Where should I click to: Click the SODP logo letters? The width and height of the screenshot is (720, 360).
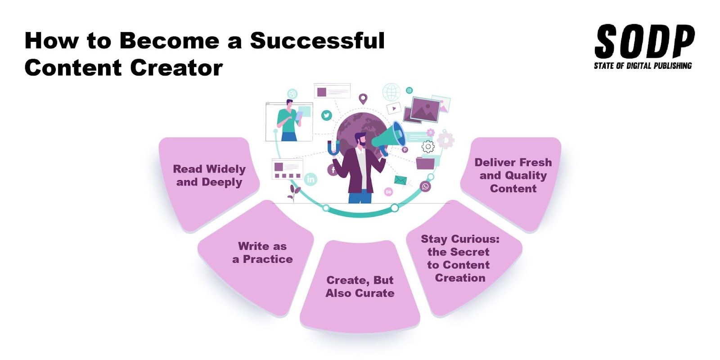tap(644, 41)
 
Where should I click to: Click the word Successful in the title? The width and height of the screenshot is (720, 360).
tap(317, 40)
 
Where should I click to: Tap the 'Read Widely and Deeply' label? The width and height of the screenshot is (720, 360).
tap(209, 175)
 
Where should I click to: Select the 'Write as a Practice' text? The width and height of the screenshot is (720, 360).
tap(262, 252)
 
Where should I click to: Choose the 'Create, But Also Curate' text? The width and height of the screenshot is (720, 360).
tap(360, 287)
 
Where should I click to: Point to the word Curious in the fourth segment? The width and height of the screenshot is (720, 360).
tap(475, 239)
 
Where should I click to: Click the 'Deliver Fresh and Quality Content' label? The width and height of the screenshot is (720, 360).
tap(513, 175)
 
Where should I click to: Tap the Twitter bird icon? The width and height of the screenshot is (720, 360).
tap(327, 115)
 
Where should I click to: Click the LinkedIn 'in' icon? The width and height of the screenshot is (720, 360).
tap(311, 179)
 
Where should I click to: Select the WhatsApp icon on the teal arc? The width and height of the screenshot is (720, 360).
tap(425, 186)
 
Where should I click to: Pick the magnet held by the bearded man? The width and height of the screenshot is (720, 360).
tap(333, 148)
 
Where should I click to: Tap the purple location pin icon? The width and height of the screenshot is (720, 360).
tap(363, 99)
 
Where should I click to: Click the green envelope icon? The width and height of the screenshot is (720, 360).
tap(400, 180)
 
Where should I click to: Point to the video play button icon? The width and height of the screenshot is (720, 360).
tap(394, 108)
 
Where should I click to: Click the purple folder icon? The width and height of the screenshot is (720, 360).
tap(425, 162)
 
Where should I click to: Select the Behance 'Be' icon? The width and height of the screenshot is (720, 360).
tap(388, 192)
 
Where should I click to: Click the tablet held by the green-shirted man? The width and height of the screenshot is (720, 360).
tap(299, 116)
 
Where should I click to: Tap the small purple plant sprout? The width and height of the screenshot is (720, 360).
tap(294, 192)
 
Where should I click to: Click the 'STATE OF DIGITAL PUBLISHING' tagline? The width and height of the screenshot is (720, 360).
tap(643, 66)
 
